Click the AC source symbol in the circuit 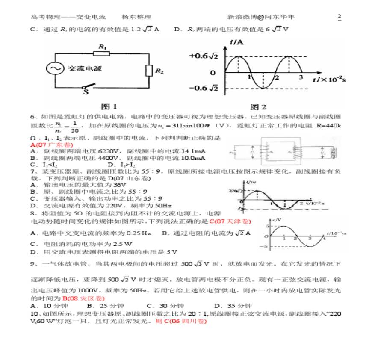pos(55,68)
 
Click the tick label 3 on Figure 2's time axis pos(300,77)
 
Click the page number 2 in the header pos(339,17)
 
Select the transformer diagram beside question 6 pos(282,152)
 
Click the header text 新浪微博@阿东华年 pos(261,17)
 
